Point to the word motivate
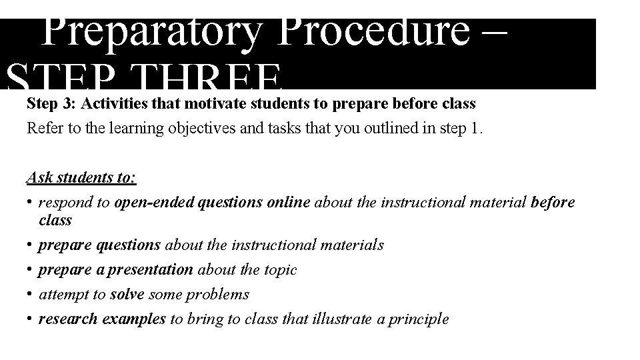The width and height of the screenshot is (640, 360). point(214,104)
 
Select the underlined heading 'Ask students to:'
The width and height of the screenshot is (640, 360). point(81,177)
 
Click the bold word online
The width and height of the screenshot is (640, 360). point(288,203)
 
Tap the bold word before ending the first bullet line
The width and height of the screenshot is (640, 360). point(553,203)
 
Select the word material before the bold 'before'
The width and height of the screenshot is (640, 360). point(494,203)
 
